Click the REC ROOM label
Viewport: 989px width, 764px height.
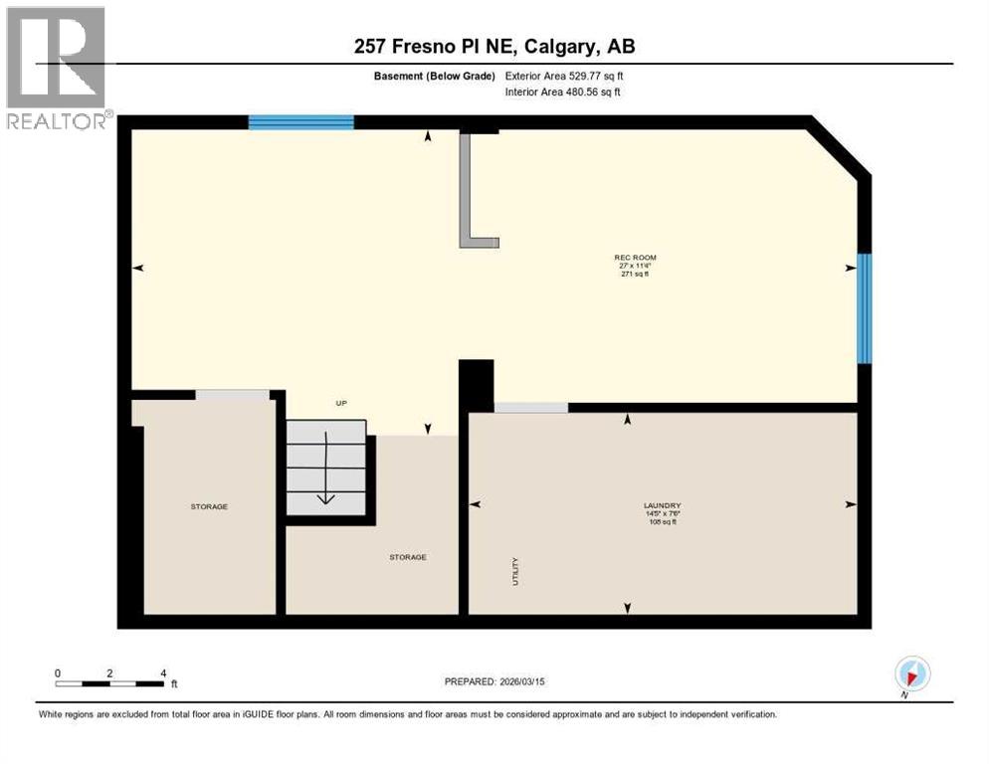point(635,258)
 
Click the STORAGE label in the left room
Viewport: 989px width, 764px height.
point(209,506)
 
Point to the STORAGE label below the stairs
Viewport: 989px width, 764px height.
point(407,557)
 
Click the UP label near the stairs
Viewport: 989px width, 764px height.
point(340,403)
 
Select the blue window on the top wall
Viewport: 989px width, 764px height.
point(300,122)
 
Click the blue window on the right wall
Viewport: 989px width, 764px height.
point(865,307)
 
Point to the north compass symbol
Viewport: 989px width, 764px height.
point(911,673)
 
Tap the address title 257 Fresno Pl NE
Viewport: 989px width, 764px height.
point(494,46)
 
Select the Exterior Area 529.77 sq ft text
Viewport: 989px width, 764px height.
point(564,76)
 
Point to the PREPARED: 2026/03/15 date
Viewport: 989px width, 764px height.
point(494,681)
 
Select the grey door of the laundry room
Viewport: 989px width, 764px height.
point(530,407)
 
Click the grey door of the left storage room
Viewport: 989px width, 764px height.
point(232,395)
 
